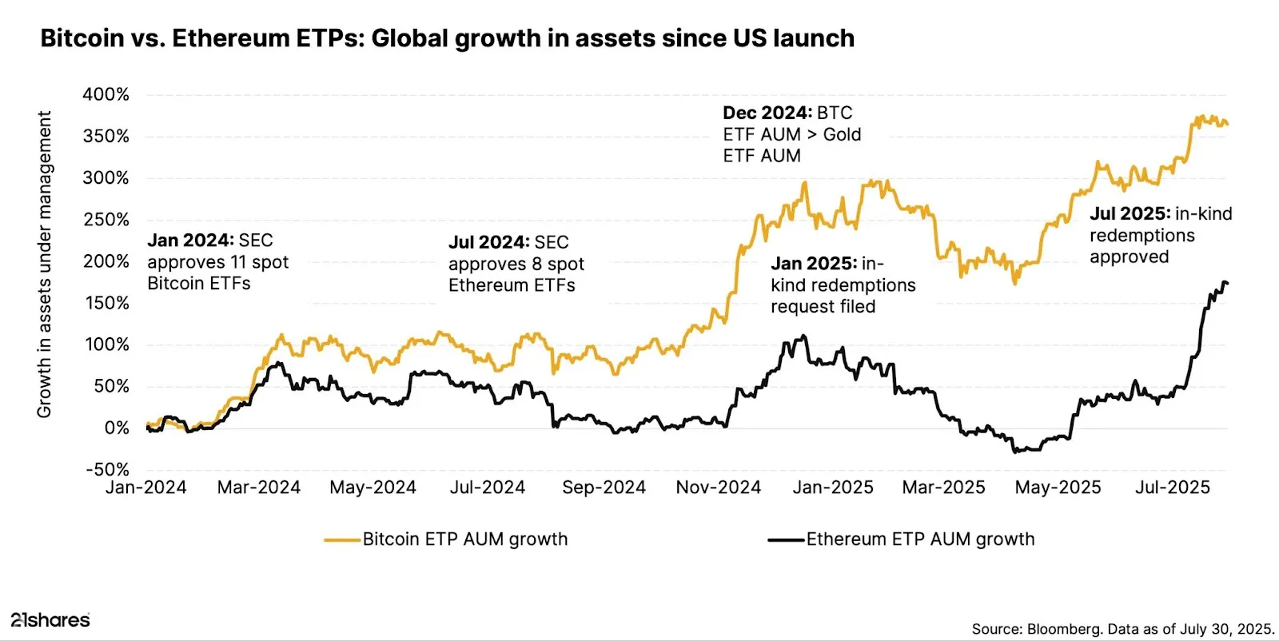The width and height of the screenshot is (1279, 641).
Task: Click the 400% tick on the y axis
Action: pos(106,94)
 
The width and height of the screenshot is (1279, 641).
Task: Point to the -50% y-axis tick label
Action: pos(107,469)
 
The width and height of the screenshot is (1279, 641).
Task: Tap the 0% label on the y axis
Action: pos(117,428)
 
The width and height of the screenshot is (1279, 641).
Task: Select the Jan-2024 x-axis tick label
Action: pos(146,488)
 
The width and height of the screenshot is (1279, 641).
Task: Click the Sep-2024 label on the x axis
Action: pos(604,488)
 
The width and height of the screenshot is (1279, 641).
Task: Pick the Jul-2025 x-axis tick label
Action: pos(1173,488)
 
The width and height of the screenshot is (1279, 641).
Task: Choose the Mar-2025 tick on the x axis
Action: pos(943,488)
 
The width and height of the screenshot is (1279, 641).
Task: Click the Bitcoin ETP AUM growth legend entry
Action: pos(464,539)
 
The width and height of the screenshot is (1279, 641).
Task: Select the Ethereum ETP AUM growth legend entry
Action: pos(919,539)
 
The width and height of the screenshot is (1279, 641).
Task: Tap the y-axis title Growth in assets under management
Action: pos(44,264)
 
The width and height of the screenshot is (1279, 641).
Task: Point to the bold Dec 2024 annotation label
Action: pos(767,113)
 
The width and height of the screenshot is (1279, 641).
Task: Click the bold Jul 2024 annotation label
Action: pos(488,242)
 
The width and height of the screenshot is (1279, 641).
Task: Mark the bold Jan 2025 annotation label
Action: pos(814,264)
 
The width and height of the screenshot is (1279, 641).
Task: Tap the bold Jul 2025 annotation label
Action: pos(1130,214)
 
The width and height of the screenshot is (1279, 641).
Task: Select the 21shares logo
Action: pos(50,619)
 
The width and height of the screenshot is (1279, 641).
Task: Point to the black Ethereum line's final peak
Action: pos(1225,282)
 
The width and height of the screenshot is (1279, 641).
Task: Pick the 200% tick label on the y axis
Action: pos(106,261)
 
